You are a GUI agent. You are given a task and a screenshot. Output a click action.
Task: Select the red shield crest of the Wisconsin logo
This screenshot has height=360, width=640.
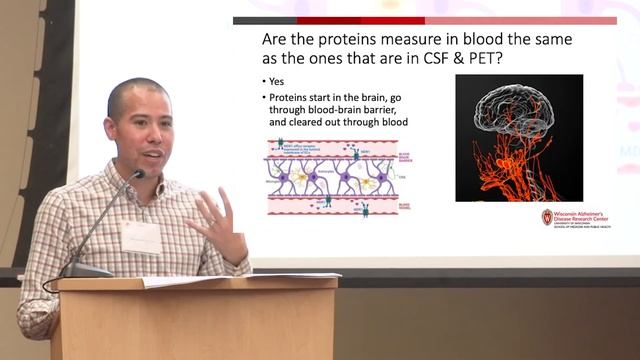(x=547, y=217)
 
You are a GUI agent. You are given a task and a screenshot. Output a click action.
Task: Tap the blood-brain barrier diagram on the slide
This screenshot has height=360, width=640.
(x=338, y=178)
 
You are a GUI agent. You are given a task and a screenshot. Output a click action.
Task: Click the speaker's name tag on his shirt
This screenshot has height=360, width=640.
(x=140, y=237)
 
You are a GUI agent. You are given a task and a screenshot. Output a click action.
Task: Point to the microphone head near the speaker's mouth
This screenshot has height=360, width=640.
(x=137, y=175)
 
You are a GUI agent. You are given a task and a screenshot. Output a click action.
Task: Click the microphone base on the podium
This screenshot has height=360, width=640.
(x=86, y=270)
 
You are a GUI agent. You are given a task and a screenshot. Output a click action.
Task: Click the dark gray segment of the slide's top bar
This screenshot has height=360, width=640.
(x=264, y=20)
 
